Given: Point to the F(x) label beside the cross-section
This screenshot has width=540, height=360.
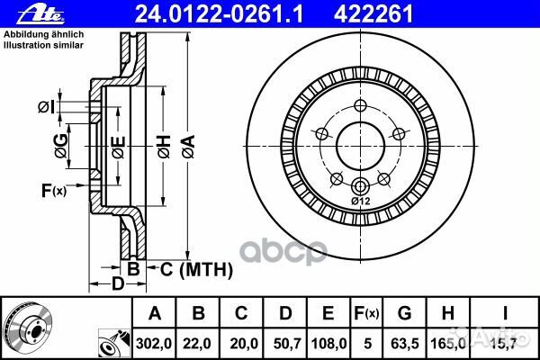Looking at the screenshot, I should (53, 189).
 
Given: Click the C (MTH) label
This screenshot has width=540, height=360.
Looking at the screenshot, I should (196, 268).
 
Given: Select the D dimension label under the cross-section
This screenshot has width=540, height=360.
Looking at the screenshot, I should (117, 285).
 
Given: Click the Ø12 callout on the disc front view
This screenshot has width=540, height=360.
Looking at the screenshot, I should (360, 202).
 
